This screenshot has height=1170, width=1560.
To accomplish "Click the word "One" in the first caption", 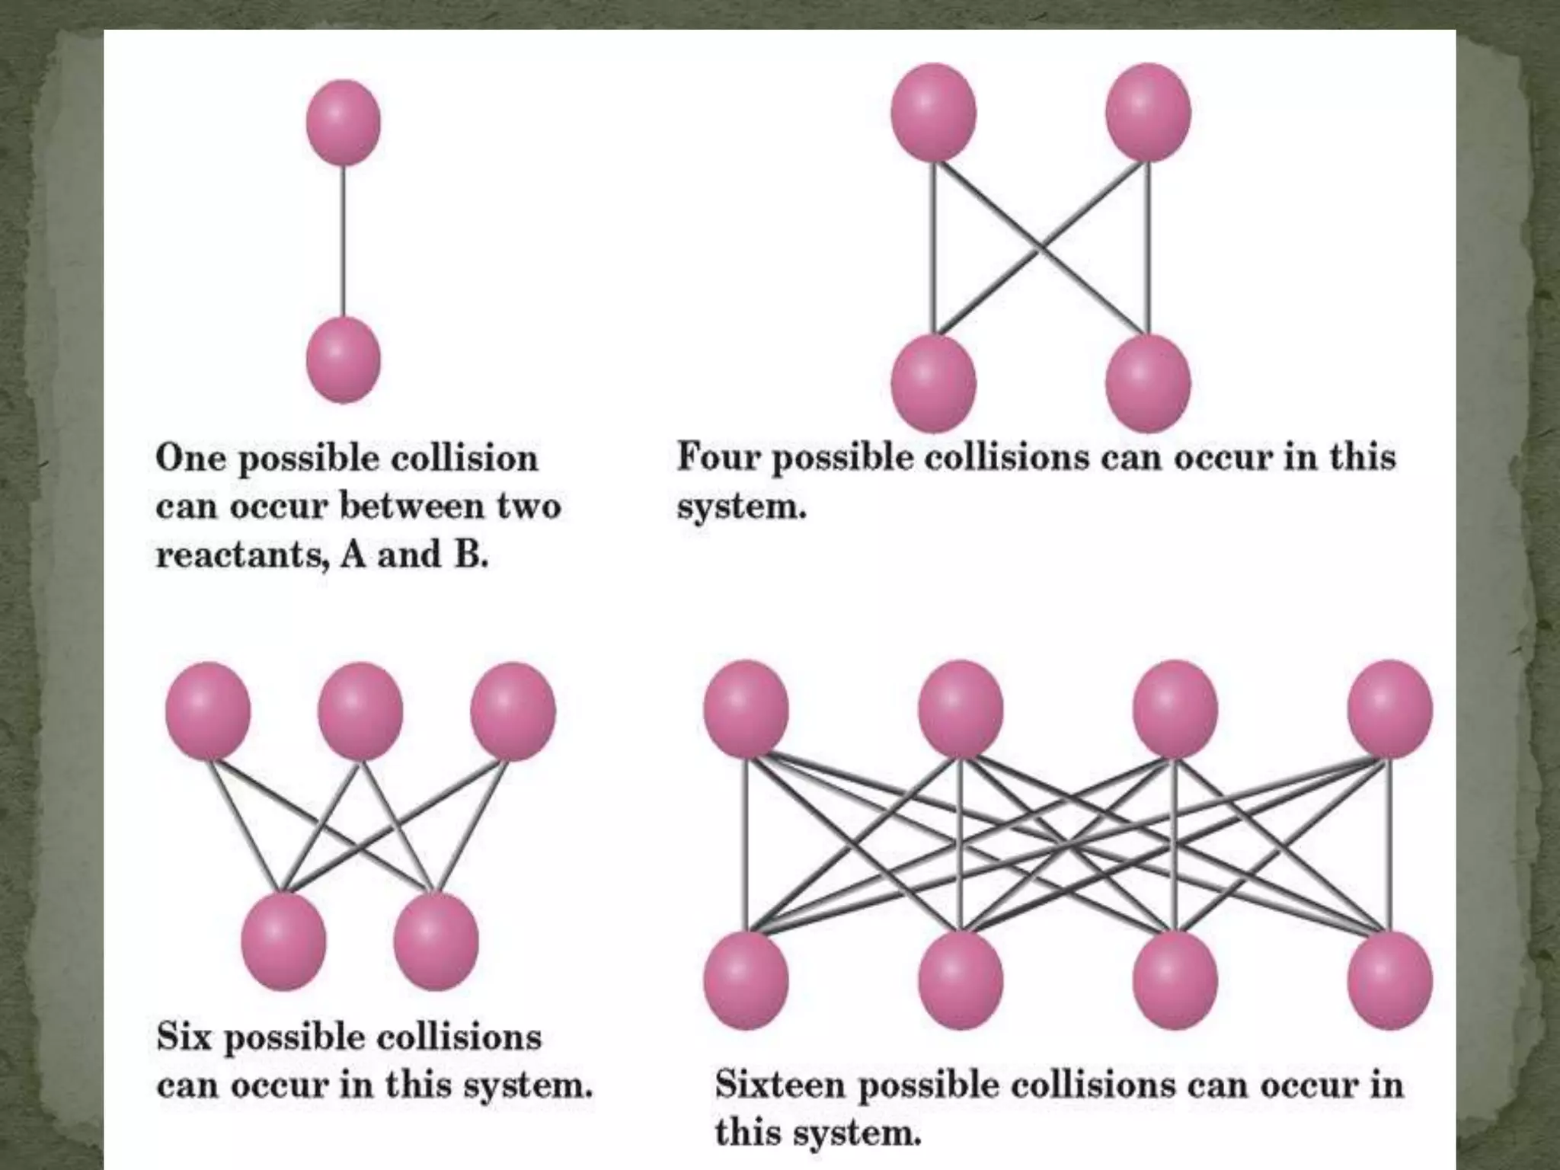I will pyautogui.click(x=190, y=459).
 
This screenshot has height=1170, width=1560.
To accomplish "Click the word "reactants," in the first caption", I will pyautogui.click(x=242, y=555).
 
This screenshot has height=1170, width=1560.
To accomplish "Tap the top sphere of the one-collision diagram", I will pyautogui.click(x=344, y=122).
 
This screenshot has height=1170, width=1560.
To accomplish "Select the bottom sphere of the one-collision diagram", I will pyautogui.click(x=344, y=360).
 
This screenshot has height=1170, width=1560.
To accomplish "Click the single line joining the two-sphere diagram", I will pyautogui.click(x=344, y=240).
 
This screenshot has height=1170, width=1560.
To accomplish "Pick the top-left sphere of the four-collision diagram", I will pyautogui.click(x=933, y=112).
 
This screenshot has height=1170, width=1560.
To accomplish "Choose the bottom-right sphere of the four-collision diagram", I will pyautogui.click(x=1148, y=382).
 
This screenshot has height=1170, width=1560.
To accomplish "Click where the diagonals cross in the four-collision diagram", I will pyautogui.click(x=1041, y=247).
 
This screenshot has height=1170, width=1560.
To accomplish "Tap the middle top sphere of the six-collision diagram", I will pyautogui.click(x=360, y=711).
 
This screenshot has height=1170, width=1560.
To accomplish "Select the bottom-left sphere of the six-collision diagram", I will pyautogui.click(x=283, y=941).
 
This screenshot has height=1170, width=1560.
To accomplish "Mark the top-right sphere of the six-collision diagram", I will pyautogui.click(x=513, y=711).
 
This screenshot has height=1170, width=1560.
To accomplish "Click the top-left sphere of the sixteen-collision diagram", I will pyautogui.click(x=746, y=709).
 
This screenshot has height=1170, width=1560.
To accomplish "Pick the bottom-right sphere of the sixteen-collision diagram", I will pyautogui.click(x=1389, y=980).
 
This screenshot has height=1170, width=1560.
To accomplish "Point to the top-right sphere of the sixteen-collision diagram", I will pyautogui.click(x=1389, y=709).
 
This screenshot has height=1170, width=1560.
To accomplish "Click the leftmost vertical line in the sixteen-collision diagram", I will pyautogui.click(x=746, y=846).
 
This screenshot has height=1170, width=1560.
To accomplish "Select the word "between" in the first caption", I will pyautogui.click(x=412, y=506).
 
